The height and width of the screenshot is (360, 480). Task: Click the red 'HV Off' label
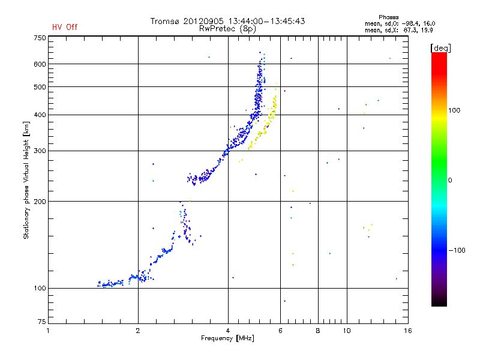pyautogui.click(x=65, y=27)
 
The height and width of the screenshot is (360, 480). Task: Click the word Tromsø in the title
pyautogui.click(x=166, y=21)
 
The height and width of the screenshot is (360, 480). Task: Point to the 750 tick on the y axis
pyautogui.click(x=39, y=38)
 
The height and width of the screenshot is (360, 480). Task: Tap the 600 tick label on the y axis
pyautogui.click(x=39, y=64)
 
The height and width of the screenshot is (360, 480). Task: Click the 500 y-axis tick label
pyautogui.click(x=39, y=87)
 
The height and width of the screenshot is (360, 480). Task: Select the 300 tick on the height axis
pyautogui.click(x=39, y=151)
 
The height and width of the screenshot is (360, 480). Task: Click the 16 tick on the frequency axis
pyautogui.click(x=407, y=331)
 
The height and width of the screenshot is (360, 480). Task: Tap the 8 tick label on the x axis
pyautogui.click(x=318, y=331)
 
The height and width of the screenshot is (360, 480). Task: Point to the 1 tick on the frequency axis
pyautogui.click(x=48, y=331)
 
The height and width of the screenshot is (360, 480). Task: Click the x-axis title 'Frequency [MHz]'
pyautogui.click(x=227, y=339)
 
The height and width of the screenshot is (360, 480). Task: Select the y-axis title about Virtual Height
pyautogui.click(x=26, y=180)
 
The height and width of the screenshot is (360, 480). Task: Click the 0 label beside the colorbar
pyautogui.click(x=450, y=180)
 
